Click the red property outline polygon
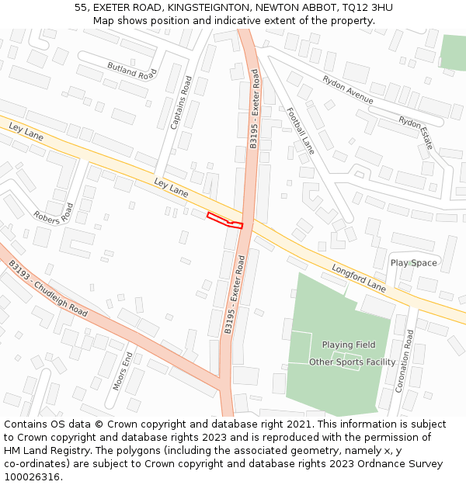225,220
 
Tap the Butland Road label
132,71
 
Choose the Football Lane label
300,130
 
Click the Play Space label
413,263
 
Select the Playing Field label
349,345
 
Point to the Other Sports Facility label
353,362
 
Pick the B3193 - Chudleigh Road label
48,288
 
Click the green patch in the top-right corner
454,51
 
